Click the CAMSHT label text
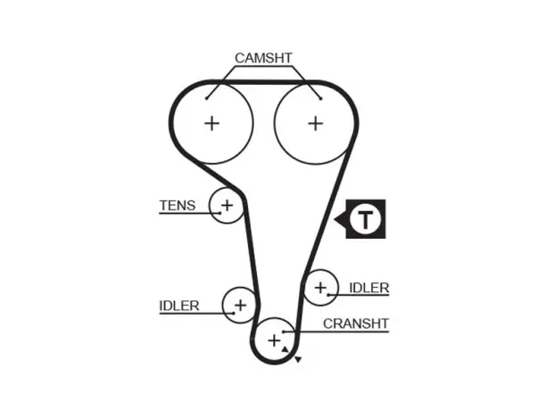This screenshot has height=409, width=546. pyautogui.click(x=263, y=58)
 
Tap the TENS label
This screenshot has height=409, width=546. pyautogui.click(x=178, y=206)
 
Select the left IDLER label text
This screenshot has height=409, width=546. pyautogui.click(x=179, y=306)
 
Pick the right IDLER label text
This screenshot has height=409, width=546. pyautogui.click(x=368, y=288)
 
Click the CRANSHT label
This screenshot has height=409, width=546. pyautogui.click(x=356, y=323)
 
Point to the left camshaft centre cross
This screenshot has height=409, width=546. pyautogui.click(x=211, y=124)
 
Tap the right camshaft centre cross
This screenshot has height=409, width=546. pyautogui.click(x=316, y=124)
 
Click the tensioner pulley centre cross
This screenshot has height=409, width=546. pyautogui.click(x=227, y=205)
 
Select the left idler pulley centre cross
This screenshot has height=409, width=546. pyautogui.click(x=240, y=306)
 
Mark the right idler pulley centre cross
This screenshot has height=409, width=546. pyautogui.click(x=320, y=287)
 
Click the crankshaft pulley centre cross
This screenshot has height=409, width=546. pyautogui.click(x=275, y=340)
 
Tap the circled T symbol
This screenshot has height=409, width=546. pyautogui.click(x=366, y=219)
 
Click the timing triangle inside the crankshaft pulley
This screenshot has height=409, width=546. pyautogui.click(x=285, y=349)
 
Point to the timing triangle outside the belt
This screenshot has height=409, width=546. pyautogui.click(x=298, y=360)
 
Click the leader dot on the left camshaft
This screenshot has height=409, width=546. pyautogui.click(x=206, y=98)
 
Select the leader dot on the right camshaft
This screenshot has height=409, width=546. pyautogui.click(x=320, y=98)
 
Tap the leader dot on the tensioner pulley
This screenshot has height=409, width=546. pyautogui.click(x=220, y=213)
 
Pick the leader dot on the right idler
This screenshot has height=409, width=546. pyautogui.click(x=328, y=295)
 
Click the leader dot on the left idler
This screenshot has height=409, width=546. pyautogui.click(x=234, y=314)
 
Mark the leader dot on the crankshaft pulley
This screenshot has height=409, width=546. pyautogui.click(x=284, y=331)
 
